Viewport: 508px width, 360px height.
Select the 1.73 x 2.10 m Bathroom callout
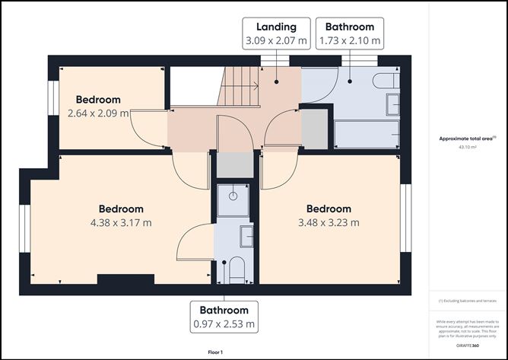(350, 33)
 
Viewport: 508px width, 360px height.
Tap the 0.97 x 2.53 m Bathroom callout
(224, 317)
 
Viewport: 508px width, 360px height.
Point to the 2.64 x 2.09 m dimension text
(98, 113)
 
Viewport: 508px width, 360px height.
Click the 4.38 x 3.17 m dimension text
(120, 222)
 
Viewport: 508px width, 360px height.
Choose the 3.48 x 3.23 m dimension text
(328, 222)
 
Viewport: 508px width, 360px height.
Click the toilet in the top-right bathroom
(384, 81)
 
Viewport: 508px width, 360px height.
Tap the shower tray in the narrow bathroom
(232, 198)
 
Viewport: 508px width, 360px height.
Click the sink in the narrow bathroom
(246, 236)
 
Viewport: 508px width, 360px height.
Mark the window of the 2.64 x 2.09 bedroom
(54, 98)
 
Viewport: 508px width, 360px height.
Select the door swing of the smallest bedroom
(149, 127)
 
